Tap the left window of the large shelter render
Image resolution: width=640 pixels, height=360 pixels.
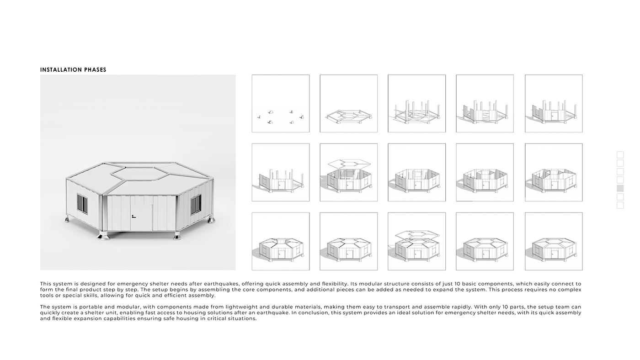click(83, 203)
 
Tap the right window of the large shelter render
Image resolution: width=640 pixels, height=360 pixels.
click(195, 204)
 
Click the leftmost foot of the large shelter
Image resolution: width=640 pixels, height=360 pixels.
click(67, 219)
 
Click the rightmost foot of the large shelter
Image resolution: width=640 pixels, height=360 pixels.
click(211, 220)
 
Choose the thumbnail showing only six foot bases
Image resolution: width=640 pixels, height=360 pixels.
click(280, 104)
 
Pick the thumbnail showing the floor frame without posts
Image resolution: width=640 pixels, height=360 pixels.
click(348, 104)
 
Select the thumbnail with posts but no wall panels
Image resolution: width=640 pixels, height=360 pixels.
click(416, 104)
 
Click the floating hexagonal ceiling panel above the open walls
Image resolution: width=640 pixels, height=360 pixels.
click(348, 163)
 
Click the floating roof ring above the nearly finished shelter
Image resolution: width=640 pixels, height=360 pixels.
click(416, 234)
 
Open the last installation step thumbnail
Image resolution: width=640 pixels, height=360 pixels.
click(553, 241)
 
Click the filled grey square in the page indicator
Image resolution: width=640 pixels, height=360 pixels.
click(620, 188)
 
